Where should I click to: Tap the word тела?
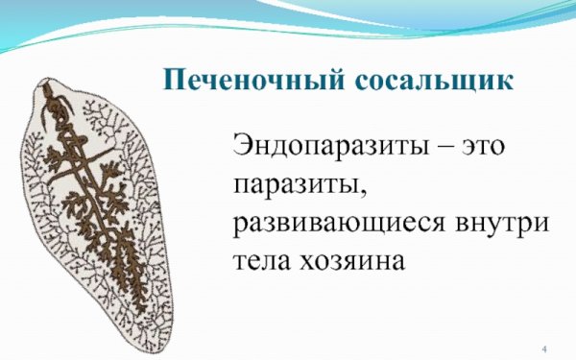tap(262, 259)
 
